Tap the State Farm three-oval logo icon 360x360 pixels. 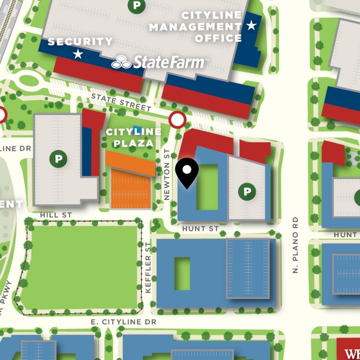122,62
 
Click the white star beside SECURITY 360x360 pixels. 78,54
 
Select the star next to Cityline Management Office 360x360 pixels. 251,25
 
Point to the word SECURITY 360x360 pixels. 80,42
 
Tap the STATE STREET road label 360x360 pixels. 121,102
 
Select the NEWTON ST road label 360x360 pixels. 167,175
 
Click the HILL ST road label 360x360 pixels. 56,214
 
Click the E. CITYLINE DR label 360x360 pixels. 124,322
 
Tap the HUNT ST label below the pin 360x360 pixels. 200,228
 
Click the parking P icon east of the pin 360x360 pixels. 247,191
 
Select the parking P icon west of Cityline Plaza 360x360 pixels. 58,159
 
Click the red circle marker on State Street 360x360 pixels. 177,120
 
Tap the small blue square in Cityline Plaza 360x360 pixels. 137,129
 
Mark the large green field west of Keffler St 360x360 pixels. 80,267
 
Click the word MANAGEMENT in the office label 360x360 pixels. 195,27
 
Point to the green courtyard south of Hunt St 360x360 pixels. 182,273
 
